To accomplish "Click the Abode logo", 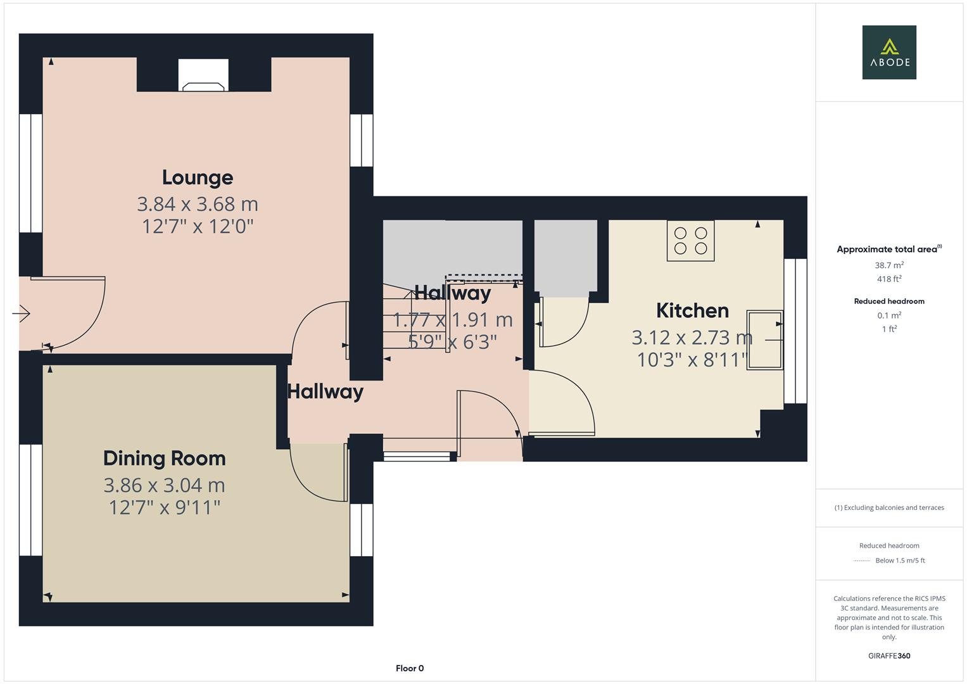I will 888,53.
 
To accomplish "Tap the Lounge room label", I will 197,177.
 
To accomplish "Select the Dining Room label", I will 164,458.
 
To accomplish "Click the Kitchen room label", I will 692,310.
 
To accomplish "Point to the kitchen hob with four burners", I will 690,241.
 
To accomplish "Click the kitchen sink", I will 764,340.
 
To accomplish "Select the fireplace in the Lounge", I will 203,76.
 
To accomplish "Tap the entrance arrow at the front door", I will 21,313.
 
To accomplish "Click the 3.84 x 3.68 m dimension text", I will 197,204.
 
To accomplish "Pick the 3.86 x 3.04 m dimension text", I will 164,485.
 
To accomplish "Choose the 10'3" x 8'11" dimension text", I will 692,360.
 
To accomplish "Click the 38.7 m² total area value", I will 888,265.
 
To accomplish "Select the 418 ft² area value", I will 888,279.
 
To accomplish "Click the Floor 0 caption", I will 409,668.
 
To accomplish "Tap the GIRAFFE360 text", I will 888,655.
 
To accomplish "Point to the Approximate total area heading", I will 888,249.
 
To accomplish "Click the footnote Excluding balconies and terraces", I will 888,507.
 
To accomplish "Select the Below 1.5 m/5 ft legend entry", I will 899,560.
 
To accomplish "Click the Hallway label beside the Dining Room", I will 325,391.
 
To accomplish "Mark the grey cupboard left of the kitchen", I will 565,256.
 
